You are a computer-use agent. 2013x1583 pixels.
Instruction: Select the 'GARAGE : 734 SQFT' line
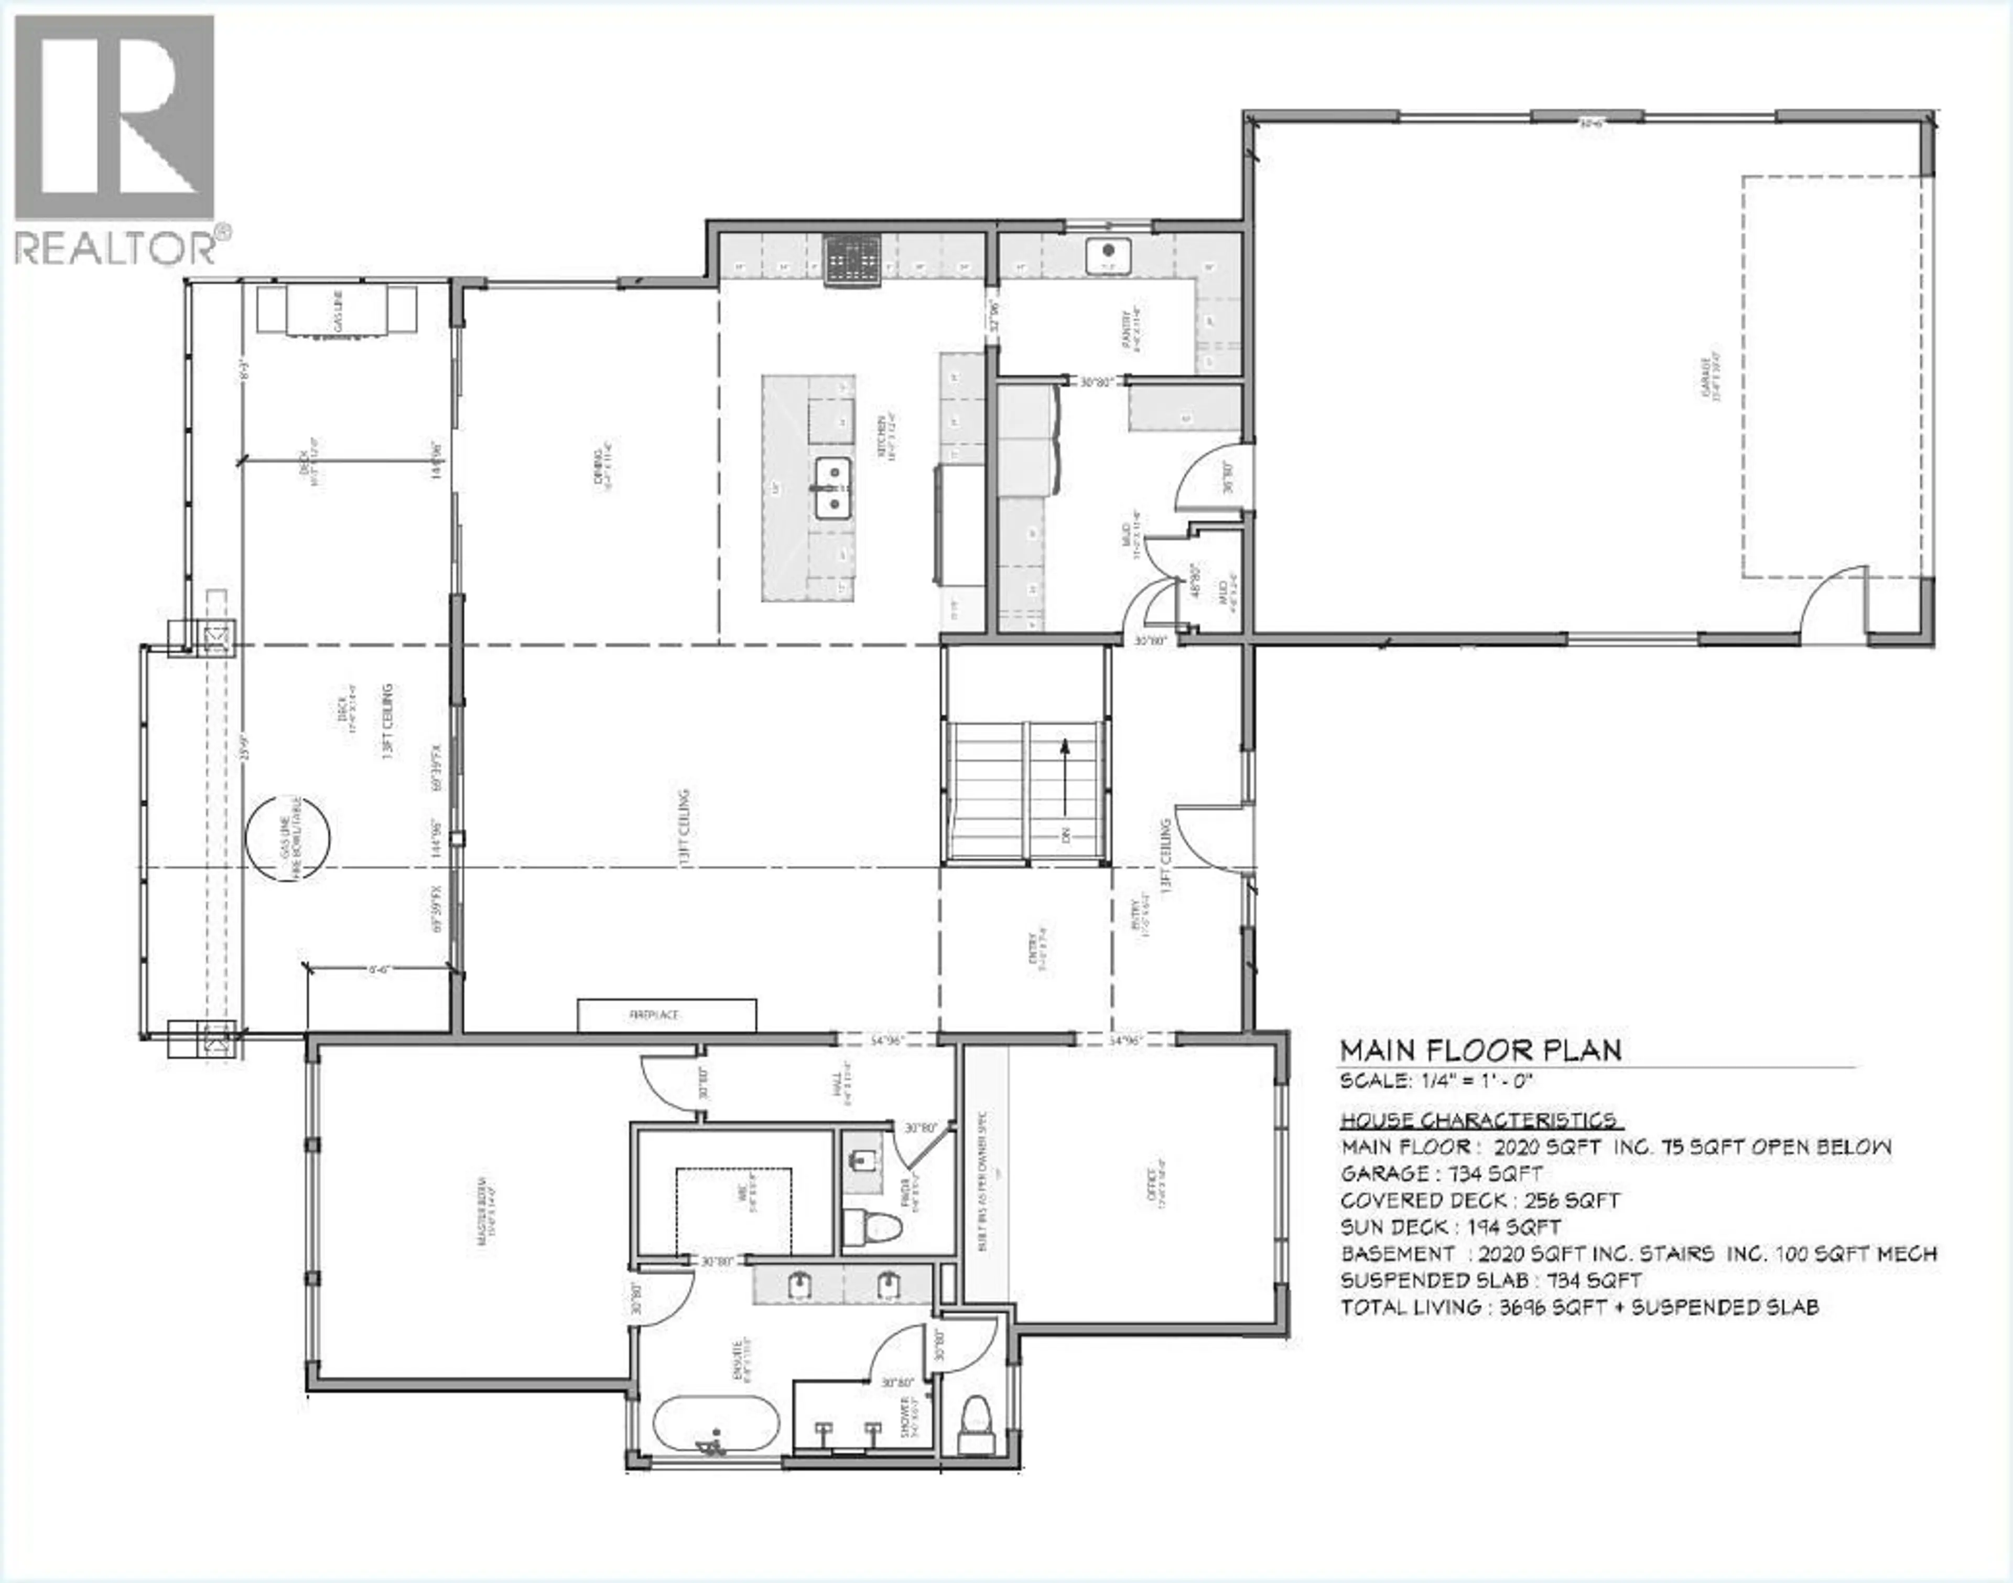pos(1442,1173)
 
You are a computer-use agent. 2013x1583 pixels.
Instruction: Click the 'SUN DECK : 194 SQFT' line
pos(1451,1227)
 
